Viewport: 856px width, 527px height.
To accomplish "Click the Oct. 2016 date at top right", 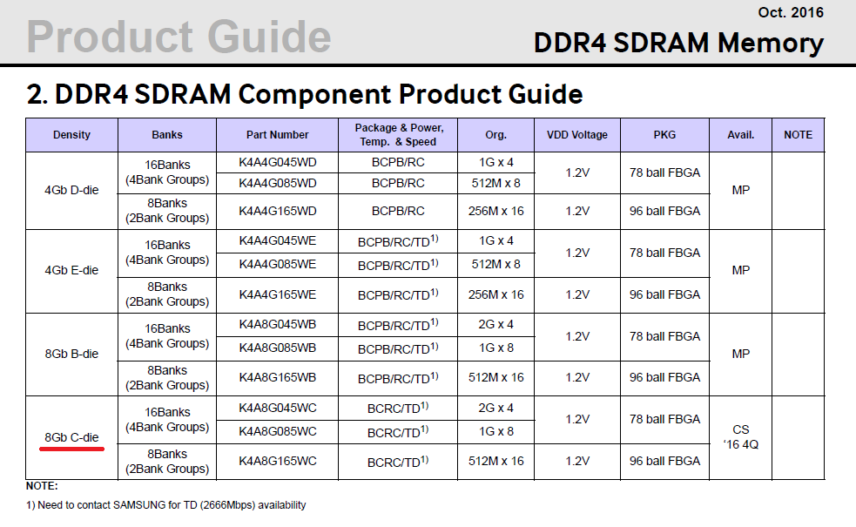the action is click(791, 12).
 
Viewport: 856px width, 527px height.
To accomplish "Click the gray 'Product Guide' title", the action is click(179, 37).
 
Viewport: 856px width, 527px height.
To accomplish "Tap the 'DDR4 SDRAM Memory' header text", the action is click(678, 43).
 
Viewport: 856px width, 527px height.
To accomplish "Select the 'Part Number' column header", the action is click(277, 135).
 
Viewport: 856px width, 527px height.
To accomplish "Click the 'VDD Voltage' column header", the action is click(577, 135).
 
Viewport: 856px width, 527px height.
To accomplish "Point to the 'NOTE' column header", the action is click(799, 135).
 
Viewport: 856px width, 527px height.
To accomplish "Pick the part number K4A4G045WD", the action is click(277, 162).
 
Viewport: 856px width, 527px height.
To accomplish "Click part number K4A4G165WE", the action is click(277, 295).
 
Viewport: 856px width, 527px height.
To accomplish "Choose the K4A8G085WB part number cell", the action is click(277, 348).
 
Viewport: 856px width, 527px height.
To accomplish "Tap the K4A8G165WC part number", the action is click(277, 461).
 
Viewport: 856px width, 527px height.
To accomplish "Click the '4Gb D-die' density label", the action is click(71, 190).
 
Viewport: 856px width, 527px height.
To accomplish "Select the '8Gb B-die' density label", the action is click(71, 354).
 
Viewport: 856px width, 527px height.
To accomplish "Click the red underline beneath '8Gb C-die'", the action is click(71, 449).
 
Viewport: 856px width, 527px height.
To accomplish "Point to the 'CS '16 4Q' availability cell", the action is click(741, 437).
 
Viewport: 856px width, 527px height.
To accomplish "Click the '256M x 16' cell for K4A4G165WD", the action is click(495, 211).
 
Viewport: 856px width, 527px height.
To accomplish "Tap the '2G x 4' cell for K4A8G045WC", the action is click(495, 408).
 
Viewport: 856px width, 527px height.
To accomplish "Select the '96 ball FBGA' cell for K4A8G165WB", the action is click(664, 377).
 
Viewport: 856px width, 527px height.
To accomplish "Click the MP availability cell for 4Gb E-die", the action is click(741, 270).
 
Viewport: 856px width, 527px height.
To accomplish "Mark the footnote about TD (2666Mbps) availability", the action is click(166, 505).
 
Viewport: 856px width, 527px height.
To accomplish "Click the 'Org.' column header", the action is click(495, 135).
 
